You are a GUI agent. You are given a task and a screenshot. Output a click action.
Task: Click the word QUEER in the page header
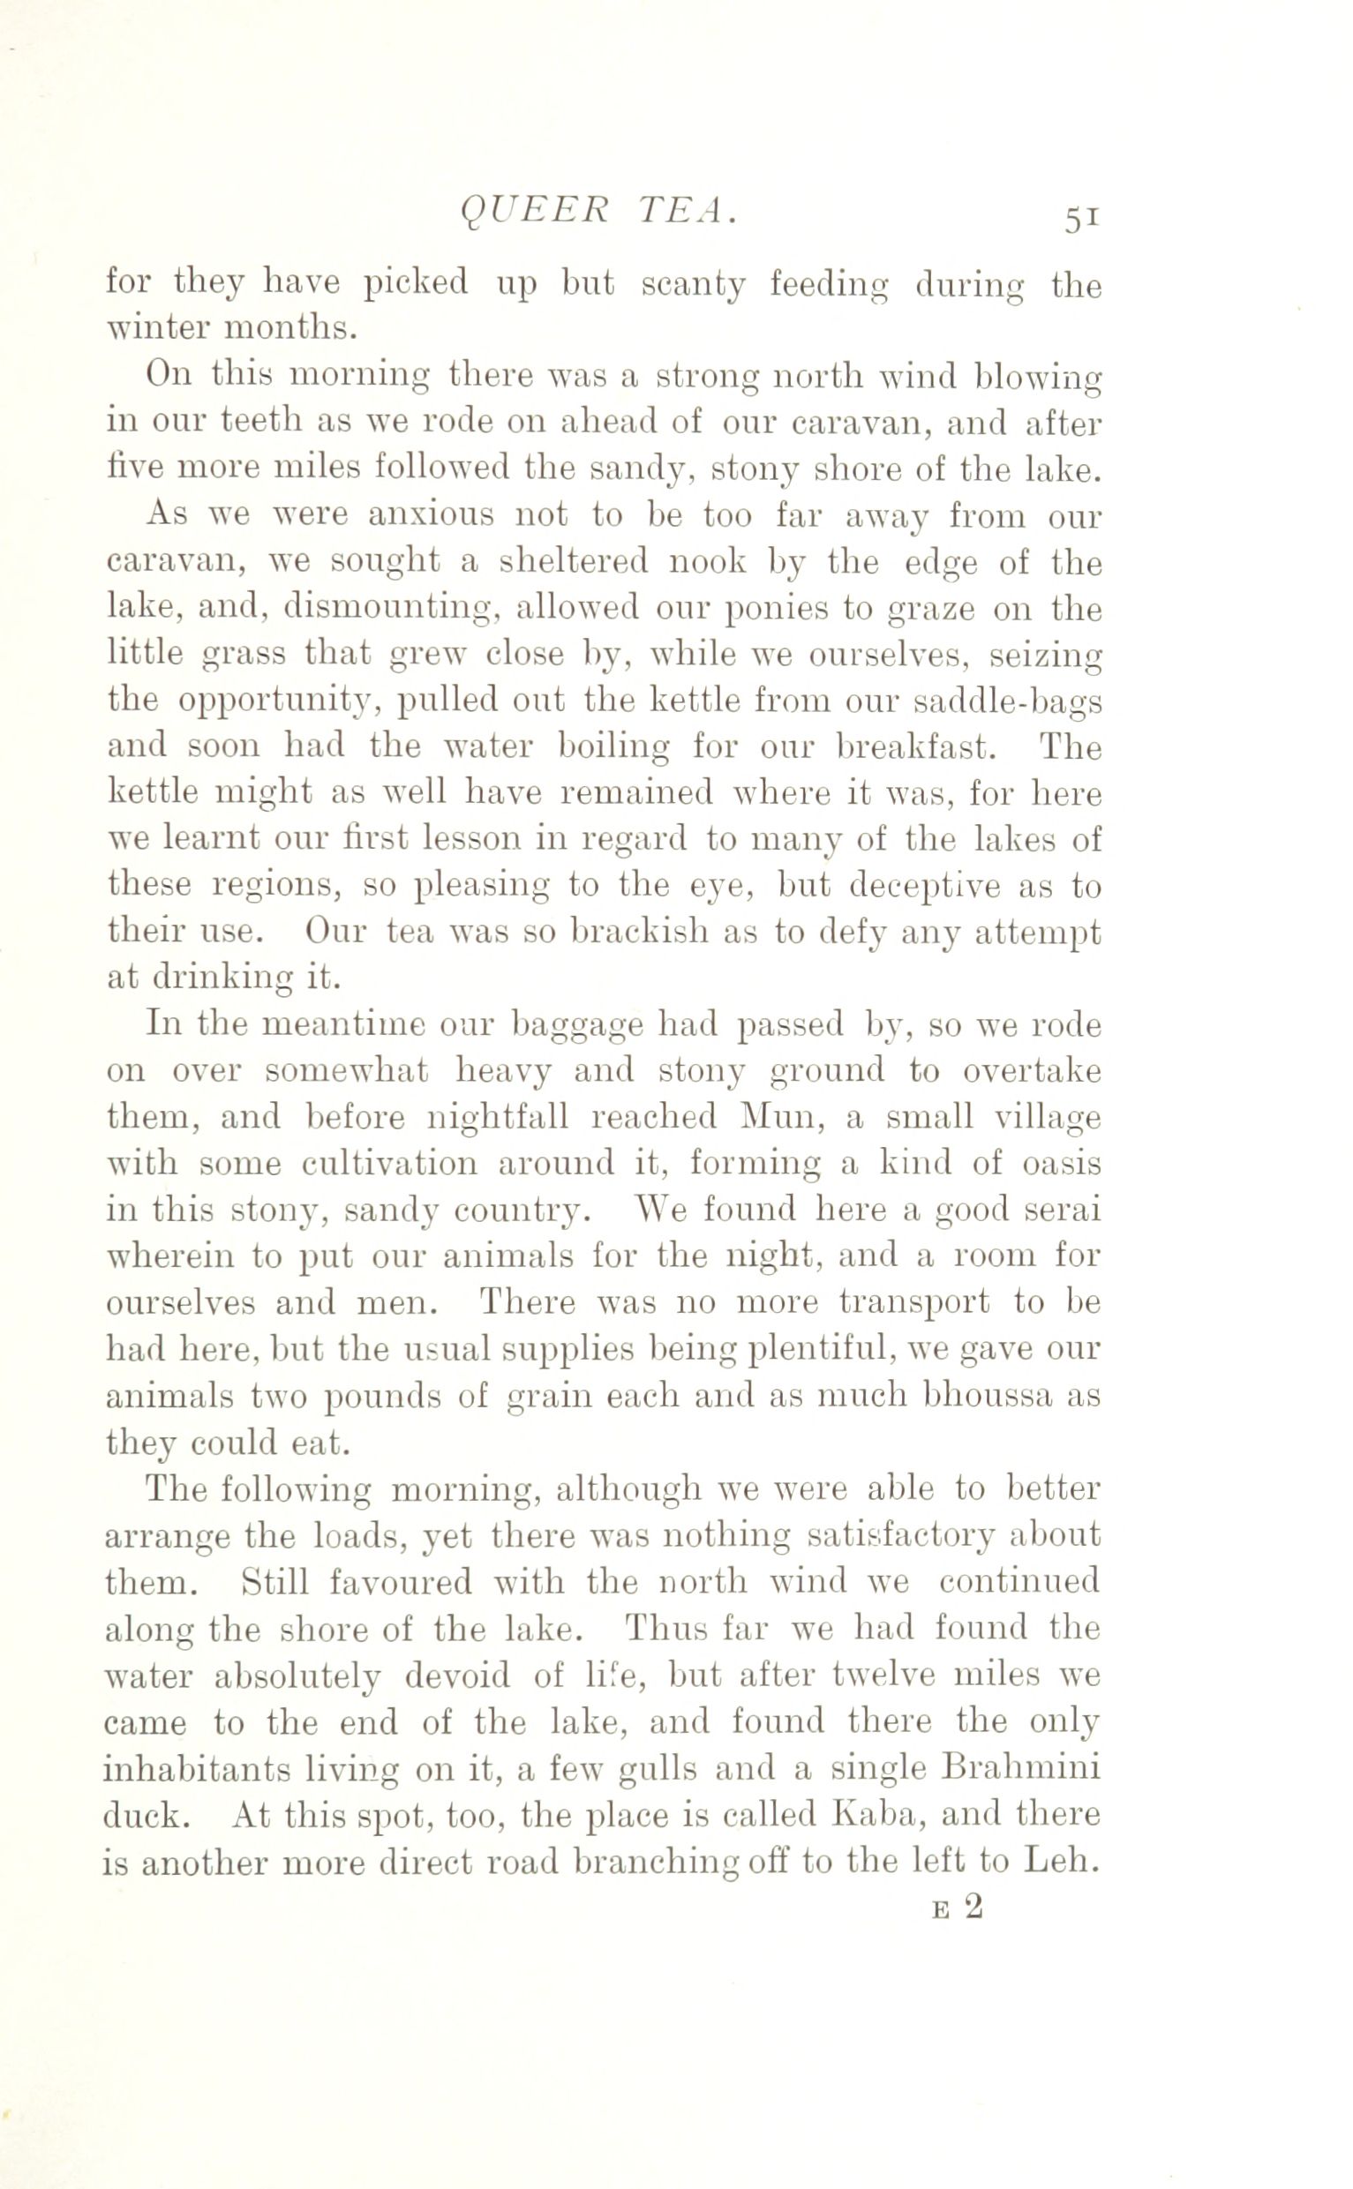click(534, 211)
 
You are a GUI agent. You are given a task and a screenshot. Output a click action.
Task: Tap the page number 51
click(1081, 218)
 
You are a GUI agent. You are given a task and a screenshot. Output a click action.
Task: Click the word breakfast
click(913, 747)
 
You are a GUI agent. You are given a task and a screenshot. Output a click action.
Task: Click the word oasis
click(1060, 1163)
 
